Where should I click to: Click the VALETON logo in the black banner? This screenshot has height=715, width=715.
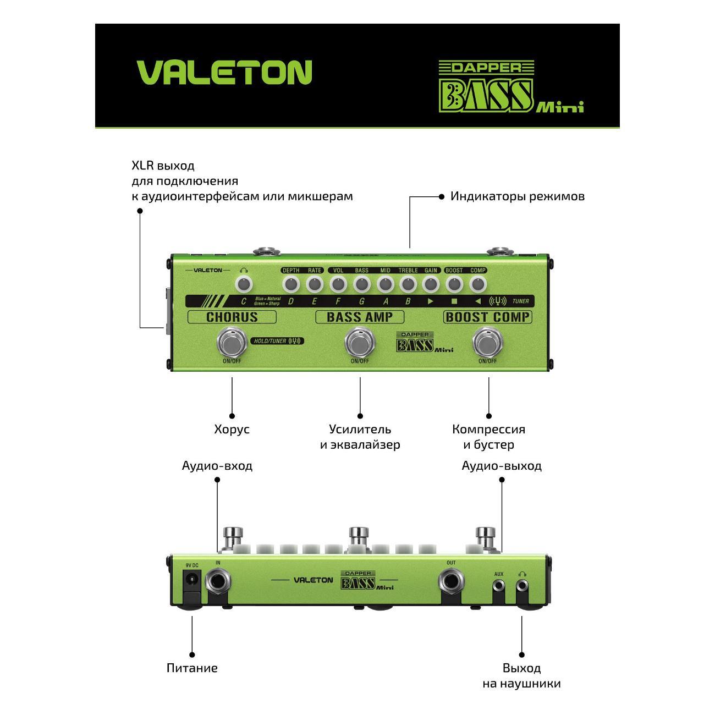pos(224,72)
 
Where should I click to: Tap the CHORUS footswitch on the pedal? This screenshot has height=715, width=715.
pos(232,343)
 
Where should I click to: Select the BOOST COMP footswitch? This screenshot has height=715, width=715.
pos(488,343)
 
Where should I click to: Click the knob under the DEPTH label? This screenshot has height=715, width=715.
pos(290,284)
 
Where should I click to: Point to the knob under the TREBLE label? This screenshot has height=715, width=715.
pos(408,284)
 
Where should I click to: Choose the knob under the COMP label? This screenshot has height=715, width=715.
pos(478,284)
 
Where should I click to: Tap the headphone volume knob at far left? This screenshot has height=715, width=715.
pos(244,284)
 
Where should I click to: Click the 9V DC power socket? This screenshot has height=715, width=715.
pos(191,581)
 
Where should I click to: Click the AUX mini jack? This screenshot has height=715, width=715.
pos(499,587)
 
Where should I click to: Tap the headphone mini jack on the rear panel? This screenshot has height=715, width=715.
pos(521,587)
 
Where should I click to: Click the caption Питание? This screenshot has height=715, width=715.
pos(192,668)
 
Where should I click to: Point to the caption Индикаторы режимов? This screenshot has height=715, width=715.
pos(517,196)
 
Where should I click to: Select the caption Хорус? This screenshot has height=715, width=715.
pos(232,430)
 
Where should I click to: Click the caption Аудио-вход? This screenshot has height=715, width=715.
pos(217,466)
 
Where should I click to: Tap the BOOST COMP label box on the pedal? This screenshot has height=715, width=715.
pos(488,317)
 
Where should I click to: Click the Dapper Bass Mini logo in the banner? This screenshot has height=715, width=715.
pos(510,87)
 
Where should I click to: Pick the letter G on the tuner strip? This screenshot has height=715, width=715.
pos(361,301)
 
